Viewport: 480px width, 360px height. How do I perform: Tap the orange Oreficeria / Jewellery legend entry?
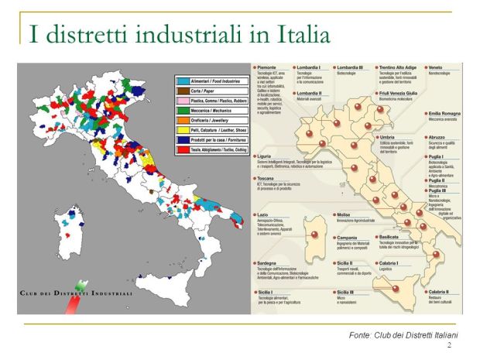(204, 122)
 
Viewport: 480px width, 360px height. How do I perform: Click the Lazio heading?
(264, 214)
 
